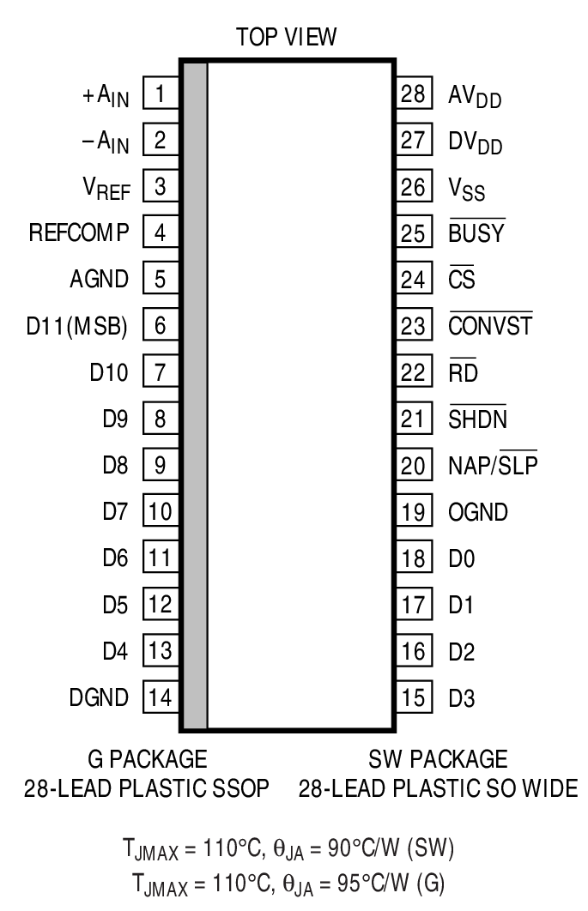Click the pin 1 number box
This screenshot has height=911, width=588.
160,93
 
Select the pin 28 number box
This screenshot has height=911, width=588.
413,93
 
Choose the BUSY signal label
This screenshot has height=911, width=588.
476,232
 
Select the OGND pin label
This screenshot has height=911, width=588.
477,513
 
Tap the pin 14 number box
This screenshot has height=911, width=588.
160,697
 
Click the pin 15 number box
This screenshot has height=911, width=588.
413,697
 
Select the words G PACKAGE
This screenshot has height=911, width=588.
148,759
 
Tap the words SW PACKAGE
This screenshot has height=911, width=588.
438,759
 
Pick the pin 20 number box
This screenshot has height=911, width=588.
413,466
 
